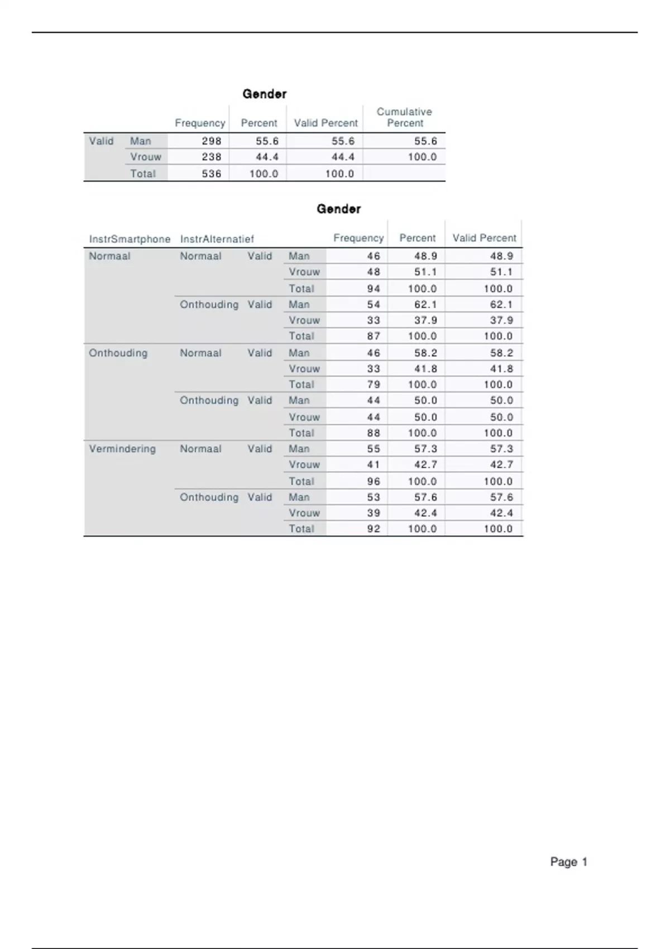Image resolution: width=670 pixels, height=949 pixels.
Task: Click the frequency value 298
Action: [212, 141]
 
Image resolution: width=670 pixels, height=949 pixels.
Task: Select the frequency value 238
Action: [212, 157]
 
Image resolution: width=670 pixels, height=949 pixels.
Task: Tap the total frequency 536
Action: [212, 174]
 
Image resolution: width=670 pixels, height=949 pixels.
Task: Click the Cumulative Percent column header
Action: [404, 117]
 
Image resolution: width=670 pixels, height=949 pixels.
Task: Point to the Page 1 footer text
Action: [568, 862]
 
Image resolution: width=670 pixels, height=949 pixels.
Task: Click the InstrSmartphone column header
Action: [130, 239]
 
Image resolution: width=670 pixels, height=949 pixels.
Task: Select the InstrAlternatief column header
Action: [217, 239]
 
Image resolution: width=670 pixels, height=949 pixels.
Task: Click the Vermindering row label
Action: [122, 449]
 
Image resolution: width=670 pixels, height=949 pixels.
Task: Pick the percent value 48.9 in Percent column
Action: [425, 256]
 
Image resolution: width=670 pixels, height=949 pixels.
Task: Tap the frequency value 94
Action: [374, 289]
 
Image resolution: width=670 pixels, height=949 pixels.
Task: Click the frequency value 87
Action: [374, 336]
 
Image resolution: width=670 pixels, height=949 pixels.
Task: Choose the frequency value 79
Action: [374, 385]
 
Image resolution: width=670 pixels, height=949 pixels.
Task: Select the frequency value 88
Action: [374, 433]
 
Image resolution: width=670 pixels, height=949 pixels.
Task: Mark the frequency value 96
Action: [374, 481]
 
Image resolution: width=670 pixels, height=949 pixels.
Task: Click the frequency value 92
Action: [374, 529]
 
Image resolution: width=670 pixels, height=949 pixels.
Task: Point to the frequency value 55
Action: [374, 449]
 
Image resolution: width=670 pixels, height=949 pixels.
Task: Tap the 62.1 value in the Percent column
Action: [425, 305]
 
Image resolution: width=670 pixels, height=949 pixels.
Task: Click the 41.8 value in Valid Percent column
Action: [501, 369]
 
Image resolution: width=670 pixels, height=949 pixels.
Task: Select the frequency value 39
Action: [374, 513]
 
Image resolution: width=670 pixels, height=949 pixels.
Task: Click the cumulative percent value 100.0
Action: [422, 157]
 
